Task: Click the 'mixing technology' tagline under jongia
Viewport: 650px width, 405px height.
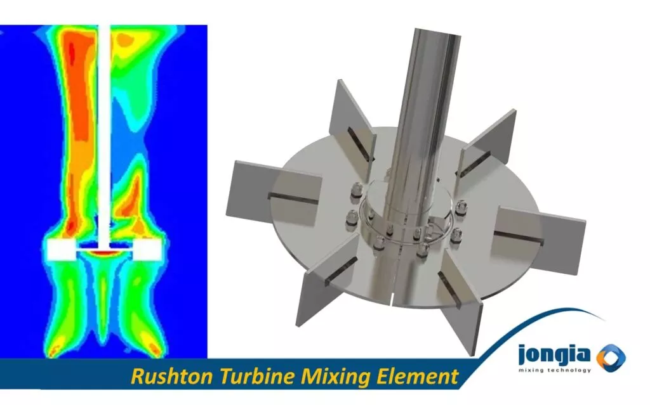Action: pyautogui.click(x=554, y=370)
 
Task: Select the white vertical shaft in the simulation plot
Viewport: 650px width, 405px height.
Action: pyautogui.click(x=103, y=127)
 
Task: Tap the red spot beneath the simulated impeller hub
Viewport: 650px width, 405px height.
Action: pyautogui.click(x=103, y=253)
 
